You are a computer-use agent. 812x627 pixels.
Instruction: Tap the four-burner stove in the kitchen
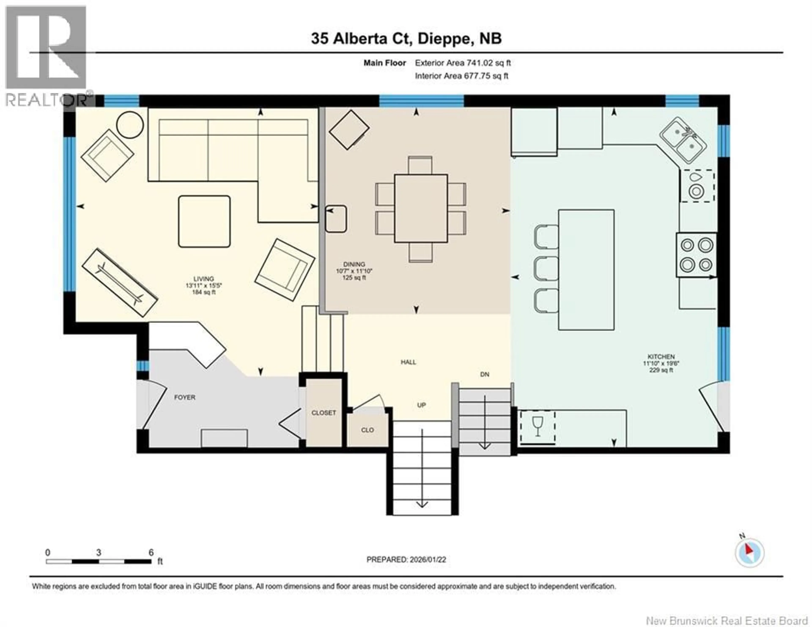pos(696,255)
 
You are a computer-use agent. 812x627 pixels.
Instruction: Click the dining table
pos(421,208)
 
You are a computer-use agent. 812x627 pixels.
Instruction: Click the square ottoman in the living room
pos(204,222)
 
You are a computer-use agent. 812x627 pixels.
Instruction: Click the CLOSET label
pos(324,413)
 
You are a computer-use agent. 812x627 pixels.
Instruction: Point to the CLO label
pos(367,430)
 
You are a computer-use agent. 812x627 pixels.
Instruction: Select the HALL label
pos(408,362)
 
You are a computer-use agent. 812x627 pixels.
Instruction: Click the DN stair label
pos(484,374)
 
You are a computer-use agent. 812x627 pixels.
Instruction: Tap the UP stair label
pos(421,405)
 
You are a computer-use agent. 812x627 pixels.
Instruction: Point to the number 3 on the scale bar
pos(99,553)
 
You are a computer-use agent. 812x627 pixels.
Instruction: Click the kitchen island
pos(586,270)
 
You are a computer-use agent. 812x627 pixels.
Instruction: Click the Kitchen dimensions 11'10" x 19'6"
pos(661,363)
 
